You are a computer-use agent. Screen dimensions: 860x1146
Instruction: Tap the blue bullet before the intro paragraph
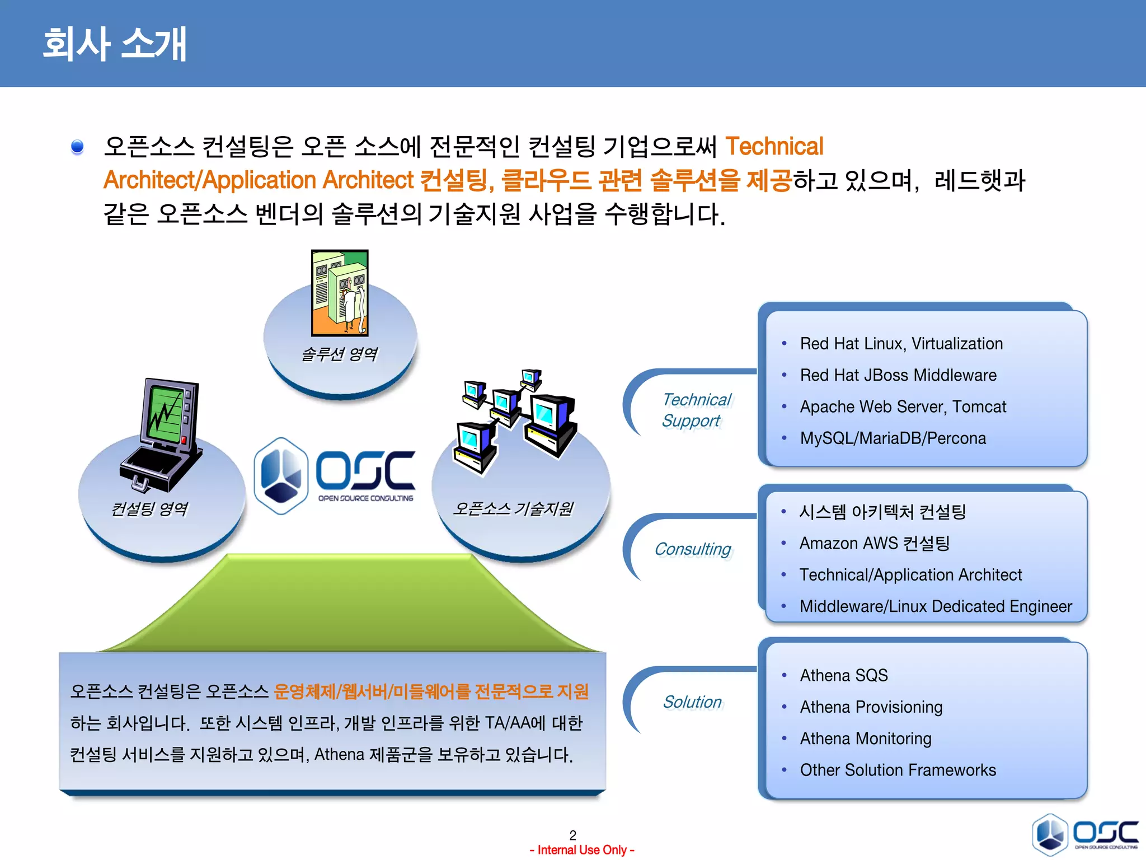[77, 147]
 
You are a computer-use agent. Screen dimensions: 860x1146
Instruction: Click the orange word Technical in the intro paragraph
[774, 147]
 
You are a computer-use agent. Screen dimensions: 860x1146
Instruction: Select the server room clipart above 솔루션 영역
[340, 293]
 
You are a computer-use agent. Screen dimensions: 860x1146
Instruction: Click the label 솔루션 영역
[340, 354]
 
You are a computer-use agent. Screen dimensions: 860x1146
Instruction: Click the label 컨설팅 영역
[149, 508]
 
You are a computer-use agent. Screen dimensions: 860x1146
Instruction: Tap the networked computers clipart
[515, 420]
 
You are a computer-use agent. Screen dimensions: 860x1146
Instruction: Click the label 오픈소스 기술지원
[513, 508]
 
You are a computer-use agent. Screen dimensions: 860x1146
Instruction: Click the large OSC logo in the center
[336, 476]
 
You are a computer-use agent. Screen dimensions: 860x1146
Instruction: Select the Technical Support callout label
[696, 410]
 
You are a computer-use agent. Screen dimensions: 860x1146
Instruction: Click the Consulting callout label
[693, 549]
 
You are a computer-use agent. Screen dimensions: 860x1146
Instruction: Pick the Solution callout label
[692, 702]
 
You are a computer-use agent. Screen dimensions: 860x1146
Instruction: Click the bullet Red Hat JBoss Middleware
[898, 375]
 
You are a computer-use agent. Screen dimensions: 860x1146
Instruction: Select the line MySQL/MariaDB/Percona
[893, 438]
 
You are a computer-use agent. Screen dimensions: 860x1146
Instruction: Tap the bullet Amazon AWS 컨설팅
[874, 543]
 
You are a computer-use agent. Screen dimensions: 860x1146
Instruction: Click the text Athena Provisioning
[871, 707]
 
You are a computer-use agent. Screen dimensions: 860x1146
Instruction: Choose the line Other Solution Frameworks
[898, 770]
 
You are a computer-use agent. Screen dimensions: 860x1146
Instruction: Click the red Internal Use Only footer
[582, 850]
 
